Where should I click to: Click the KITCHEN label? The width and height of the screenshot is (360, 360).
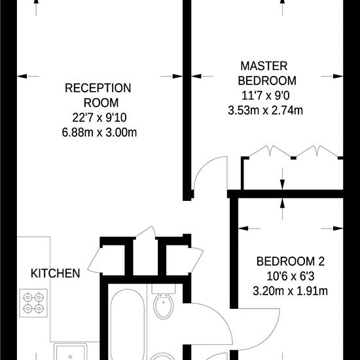pyautogui.click(x=56, y=273)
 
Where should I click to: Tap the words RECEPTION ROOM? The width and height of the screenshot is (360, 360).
pyautogui.click(x=98, y=96)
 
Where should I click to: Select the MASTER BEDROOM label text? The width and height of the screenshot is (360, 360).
pyautogui.click(x=267, y=73)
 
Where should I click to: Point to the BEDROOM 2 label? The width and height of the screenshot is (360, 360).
pyautogui.click(x=291, y=261)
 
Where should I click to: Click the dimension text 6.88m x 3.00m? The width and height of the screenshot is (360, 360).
pyautogui.click(x=99, y=132)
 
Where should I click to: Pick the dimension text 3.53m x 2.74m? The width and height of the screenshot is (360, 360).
pyautogui.click(x=265, y=110)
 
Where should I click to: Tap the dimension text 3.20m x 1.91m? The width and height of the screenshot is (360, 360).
pyautogui.click(x=290, y=291)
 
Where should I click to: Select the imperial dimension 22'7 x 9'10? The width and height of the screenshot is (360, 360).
pyautogui.click(x=99, y=118)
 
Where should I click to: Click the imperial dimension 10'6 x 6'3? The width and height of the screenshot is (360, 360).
pyautogui.click(x=290, y=276)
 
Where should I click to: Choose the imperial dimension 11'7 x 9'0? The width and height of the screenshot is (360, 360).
pyautogui.click(x=266, y=96)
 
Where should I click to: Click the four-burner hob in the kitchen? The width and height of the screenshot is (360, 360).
pyautogui.click(x=33, y=303)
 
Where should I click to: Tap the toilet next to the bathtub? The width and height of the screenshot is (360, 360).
pyautogui.click(x=164, y=302)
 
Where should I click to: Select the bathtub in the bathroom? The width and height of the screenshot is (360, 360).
pyautogui.click(x=128, y=324)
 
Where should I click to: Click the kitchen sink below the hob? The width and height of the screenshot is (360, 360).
pyautogui.click(x=71, y=351)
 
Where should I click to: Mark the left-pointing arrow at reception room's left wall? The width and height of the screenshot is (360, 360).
pyautogui.click(x=28, y=76)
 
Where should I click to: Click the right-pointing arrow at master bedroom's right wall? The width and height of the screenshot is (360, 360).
pyautogui.click(x=332, y=76)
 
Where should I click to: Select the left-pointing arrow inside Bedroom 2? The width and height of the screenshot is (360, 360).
pyautogui.click(x=249, y=228)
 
